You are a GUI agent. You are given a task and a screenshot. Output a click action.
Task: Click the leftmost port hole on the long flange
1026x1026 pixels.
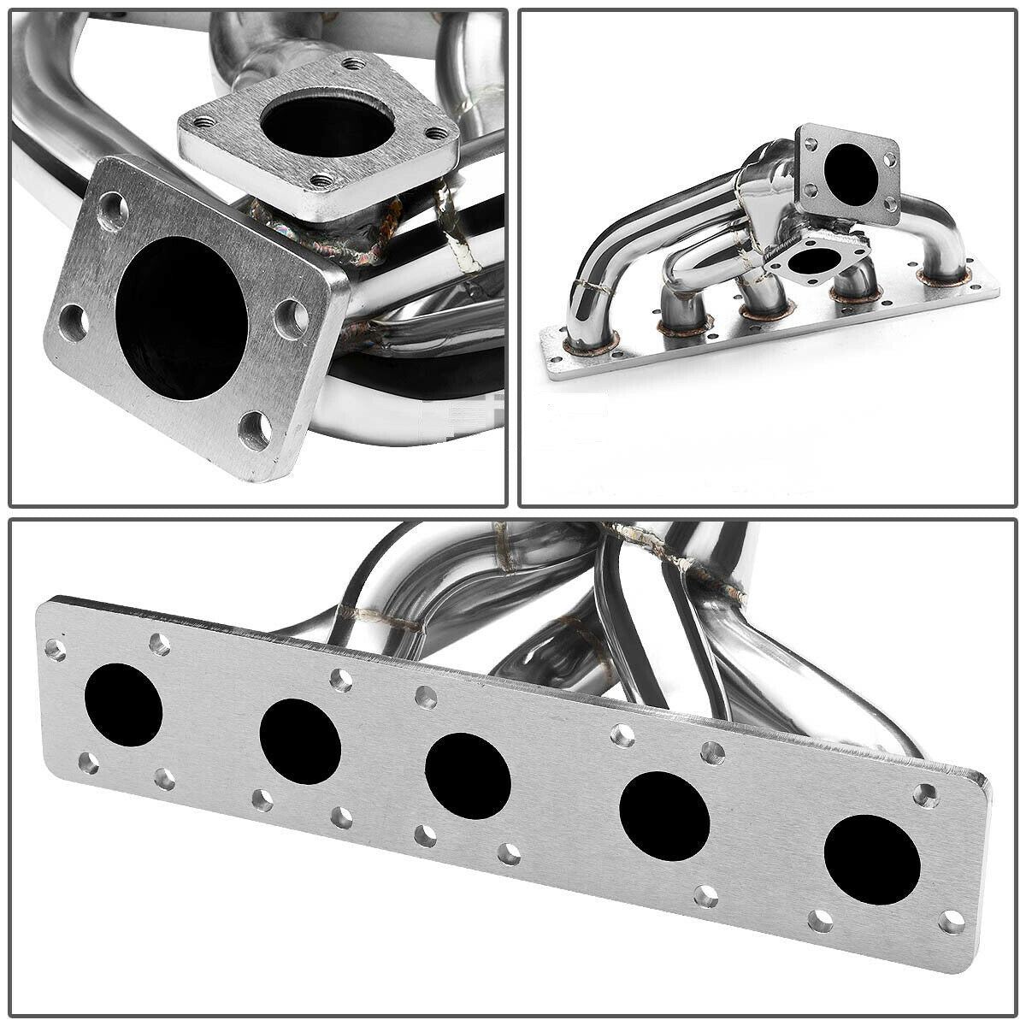point(124,704)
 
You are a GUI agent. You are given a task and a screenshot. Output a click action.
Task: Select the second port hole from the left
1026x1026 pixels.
point(300,741)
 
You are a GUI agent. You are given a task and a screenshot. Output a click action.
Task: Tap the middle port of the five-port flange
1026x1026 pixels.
point(468,776)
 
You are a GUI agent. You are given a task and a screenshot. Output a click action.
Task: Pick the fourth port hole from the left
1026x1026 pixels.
point(664,816)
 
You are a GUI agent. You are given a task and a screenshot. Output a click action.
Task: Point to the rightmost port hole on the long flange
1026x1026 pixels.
point(872,860)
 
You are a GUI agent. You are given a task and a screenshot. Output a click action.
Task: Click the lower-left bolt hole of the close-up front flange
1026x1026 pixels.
point(75,325)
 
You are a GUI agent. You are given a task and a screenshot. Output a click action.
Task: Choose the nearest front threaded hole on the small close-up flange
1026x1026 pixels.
point(322,180)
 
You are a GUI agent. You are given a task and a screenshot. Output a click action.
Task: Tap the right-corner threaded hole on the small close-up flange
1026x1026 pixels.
point(439,133)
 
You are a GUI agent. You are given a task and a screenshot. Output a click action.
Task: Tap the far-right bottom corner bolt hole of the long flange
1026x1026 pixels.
point(951,921)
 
